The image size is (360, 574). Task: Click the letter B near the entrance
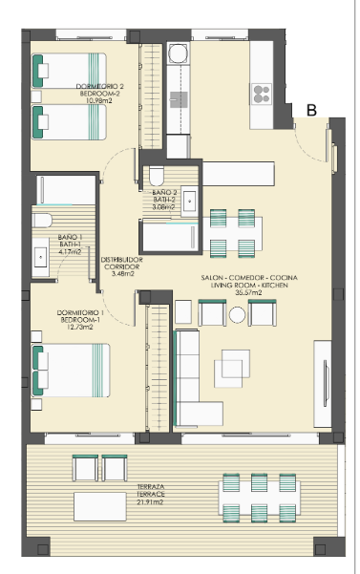tap(311, 110)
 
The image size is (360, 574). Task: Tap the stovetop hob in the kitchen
tap(262, 94)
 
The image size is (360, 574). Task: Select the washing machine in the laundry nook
tap(179, 53)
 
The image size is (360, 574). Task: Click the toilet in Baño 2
tap(157, 176)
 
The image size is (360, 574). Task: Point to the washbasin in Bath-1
tap(40, 257)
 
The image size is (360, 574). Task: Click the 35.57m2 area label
tap(248, 292)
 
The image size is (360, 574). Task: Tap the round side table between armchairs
tap(237, 315)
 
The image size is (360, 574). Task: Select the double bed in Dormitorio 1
tap(71, 371)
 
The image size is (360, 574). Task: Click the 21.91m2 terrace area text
tap(150, 501)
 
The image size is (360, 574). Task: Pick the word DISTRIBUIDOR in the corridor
tap(121, 260)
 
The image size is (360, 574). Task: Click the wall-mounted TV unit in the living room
tap(323, 384)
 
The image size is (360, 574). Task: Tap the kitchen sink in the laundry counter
tap(179, 99)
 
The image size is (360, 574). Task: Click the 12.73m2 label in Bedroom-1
tap(80, 327)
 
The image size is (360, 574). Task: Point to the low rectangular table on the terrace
tap(100, 506)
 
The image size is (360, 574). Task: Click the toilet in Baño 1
tap(42, 221)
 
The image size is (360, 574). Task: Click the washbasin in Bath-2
tap(189, 201)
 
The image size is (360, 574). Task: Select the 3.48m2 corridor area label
tap(122, 273)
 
